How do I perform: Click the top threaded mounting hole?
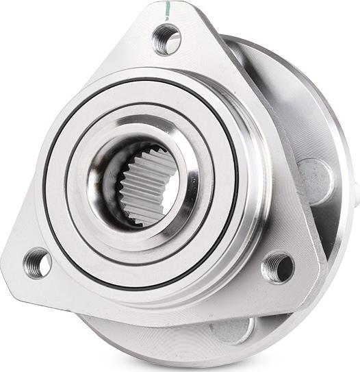pos(166,39)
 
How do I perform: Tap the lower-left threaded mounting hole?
pos(38,263)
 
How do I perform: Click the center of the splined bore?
pos(140,183)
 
